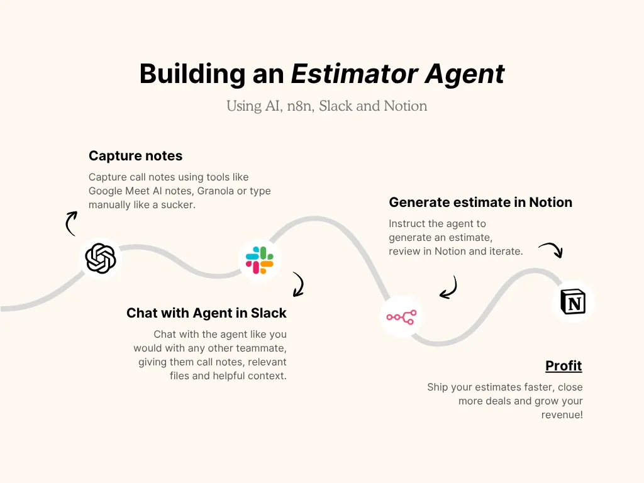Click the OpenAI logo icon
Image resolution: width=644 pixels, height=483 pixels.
(x=101, y=258)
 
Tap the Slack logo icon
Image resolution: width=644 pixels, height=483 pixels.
(x=260, y=260)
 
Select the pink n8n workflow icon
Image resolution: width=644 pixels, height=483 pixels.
(x=401, y=317)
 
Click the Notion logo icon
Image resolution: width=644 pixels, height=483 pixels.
(x=572, y=303)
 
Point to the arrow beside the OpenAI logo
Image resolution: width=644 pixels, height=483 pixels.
(x=70, y=223)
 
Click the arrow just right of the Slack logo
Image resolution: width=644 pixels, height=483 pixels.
(x=298, y=284)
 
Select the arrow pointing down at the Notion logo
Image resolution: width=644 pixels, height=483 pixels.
(x=552, y=250)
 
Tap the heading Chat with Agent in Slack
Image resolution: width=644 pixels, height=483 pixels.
(x=206, y=313)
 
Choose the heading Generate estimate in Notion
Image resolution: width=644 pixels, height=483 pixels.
(x=480, y=203)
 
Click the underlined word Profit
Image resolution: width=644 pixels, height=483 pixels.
(x=563, y=365)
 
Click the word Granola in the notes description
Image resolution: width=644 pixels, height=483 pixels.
(x=216, y=191)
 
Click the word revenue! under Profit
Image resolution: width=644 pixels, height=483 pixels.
(x=562, y=414)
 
